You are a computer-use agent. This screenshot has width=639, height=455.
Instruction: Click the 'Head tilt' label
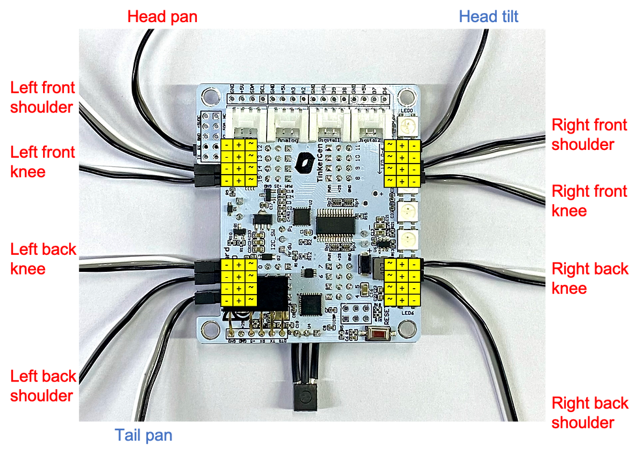click(x=488, y=16)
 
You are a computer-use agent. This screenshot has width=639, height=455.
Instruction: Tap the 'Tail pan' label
click(x=143, y=435)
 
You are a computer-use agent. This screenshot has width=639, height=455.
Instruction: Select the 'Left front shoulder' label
click(x=42, y=97)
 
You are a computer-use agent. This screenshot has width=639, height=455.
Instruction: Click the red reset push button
click(x=378, y=335)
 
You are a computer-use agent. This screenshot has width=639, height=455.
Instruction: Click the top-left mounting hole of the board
click(x=210, y=98)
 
